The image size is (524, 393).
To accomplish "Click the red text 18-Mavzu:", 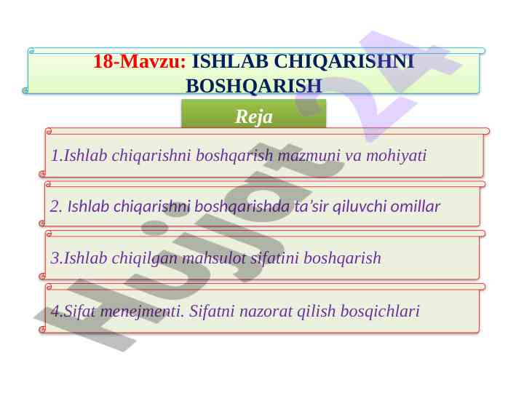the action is pyautogui.click(x=139, y=61).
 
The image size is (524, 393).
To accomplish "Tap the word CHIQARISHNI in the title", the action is pyautogui.click(x=344, y=61).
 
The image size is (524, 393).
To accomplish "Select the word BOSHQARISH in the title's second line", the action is pyautogui.click(x=254, y=86).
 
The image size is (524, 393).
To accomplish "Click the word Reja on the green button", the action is pyautogui.click(x=254, y=116).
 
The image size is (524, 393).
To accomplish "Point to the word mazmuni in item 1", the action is pyautogui.click(x=309, y=156).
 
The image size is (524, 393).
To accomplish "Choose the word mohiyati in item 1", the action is pyautogui.click(x=397, y=156).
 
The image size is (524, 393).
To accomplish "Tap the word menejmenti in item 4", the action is pyautogui.click(x=143, y=311).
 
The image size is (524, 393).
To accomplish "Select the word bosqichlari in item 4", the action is pyautogui.click(x=380, y=311).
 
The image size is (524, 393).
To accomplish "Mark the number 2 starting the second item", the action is pyautogui.click(x=54, y=207).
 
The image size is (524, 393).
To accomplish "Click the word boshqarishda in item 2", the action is pyautogui.click(x=242, y=207).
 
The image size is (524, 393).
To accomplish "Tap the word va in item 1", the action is pyautogui.click(x=353, y=156).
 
